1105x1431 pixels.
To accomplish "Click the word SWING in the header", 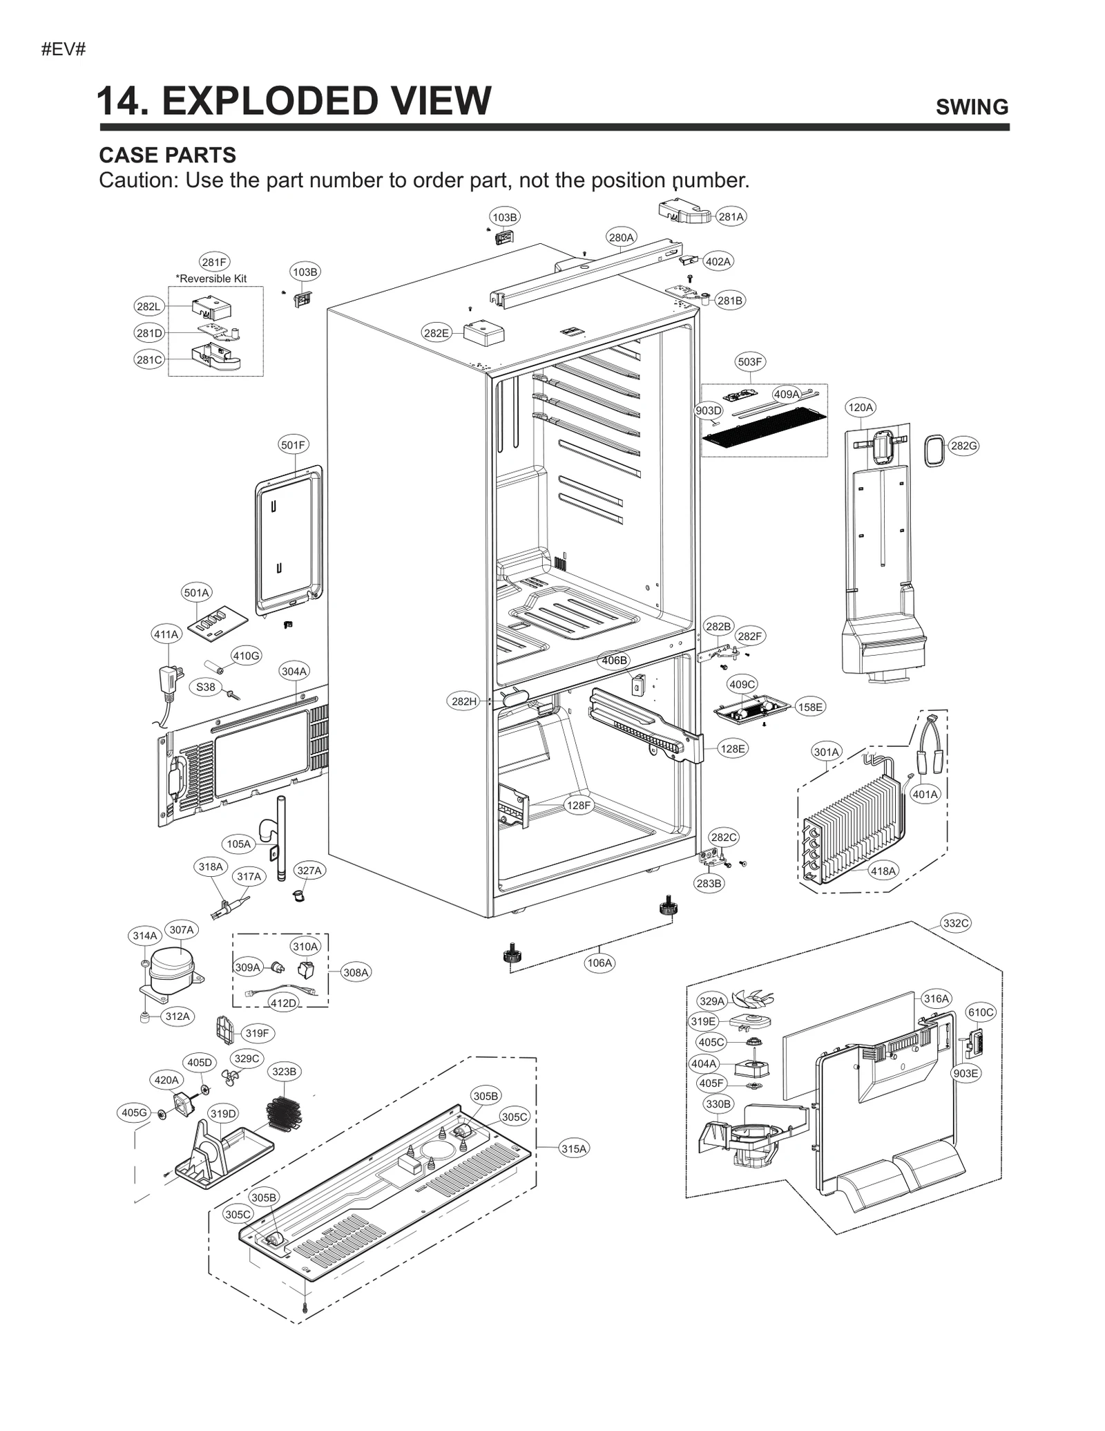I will [x=971, y=107].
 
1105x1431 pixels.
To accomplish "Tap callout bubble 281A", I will [x=731, y=216].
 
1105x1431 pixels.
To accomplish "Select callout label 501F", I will [x=293, y=444].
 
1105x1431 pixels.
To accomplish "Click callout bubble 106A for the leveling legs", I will [x=599, y=963].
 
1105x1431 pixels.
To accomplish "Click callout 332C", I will [x=956, y=923].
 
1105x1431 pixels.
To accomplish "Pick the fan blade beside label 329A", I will [x=754, y=998].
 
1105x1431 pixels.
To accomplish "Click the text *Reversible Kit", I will [x=211, y=278].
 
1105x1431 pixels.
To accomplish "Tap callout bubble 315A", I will [x=573, y=1148].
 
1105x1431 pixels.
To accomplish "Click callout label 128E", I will [x=732, y=748].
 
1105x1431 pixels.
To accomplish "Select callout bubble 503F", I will [x=749, y=361].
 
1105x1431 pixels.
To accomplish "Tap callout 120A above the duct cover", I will [x=860, y=407].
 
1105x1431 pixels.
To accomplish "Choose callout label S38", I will [x=205, y=687].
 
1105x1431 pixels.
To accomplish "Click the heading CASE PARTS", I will [x=167, y=155].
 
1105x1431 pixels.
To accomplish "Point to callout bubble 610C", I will [x=981, y=1012].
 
